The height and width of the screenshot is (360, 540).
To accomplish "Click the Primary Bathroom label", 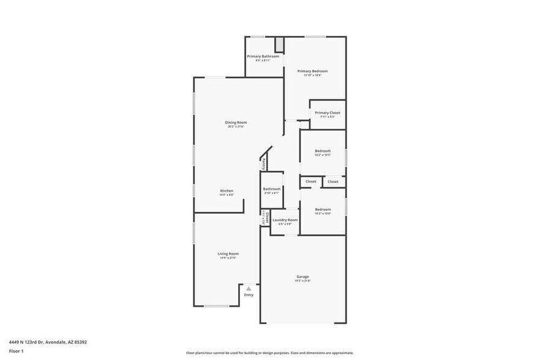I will point(263,56).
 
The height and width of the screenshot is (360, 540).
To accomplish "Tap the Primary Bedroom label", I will point(312,71).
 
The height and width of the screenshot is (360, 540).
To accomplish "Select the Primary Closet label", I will point(328,113).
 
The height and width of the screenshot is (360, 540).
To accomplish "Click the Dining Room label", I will point(236,122).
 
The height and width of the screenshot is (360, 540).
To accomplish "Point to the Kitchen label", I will point(227,191).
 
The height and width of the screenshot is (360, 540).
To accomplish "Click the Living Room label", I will point(228,253).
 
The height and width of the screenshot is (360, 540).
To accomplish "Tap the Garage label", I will point(302,277).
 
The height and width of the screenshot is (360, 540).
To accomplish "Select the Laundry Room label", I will point(285,220).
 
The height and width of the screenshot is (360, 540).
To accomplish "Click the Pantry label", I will point(263,163).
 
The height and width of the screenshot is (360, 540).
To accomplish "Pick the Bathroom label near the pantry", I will point(271,189).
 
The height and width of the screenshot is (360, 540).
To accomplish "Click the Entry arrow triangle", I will point(249,288).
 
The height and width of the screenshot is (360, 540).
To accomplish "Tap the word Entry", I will point(249,295).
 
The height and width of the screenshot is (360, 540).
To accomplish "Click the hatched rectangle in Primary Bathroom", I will point(279,45).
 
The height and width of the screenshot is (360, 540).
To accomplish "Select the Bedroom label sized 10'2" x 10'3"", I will point(323,151).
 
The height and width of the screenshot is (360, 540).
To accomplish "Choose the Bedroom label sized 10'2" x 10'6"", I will point(323,209).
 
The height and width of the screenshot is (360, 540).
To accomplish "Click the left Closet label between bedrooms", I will point(311,182).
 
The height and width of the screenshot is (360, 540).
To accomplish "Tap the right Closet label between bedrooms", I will point(333,182).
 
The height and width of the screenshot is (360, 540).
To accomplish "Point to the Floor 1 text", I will point(16,351).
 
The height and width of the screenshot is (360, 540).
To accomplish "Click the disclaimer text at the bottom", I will point(269,353).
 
